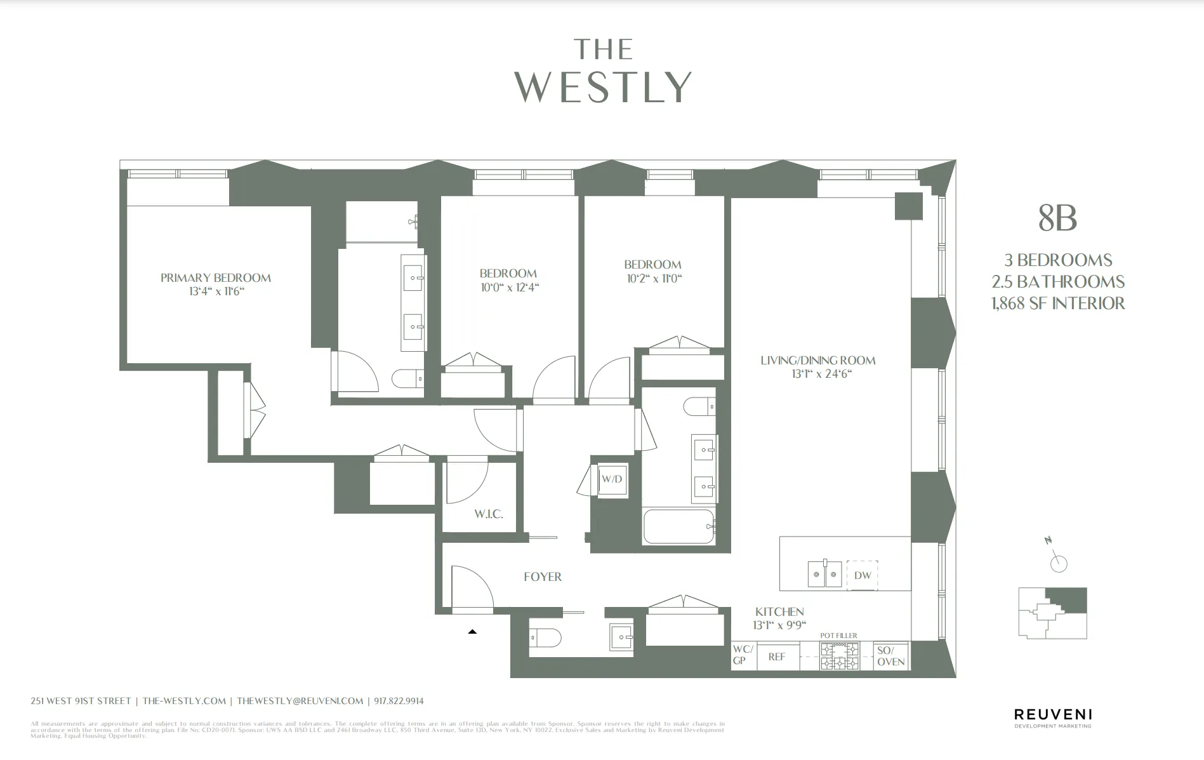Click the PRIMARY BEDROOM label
215,277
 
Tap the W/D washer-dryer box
612,479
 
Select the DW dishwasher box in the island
862,575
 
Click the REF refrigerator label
777,657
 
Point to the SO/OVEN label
890,656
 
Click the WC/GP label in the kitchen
743,655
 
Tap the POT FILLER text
838,636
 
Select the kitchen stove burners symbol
839,656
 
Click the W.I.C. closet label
488,514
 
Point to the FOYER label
542,577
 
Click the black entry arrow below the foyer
472,632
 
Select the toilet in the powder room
546,636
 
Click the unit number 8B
1057,218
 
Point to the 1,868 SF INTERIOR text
1057,303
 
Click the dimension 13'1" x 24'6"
821,374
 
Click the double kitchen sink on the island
824,575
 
